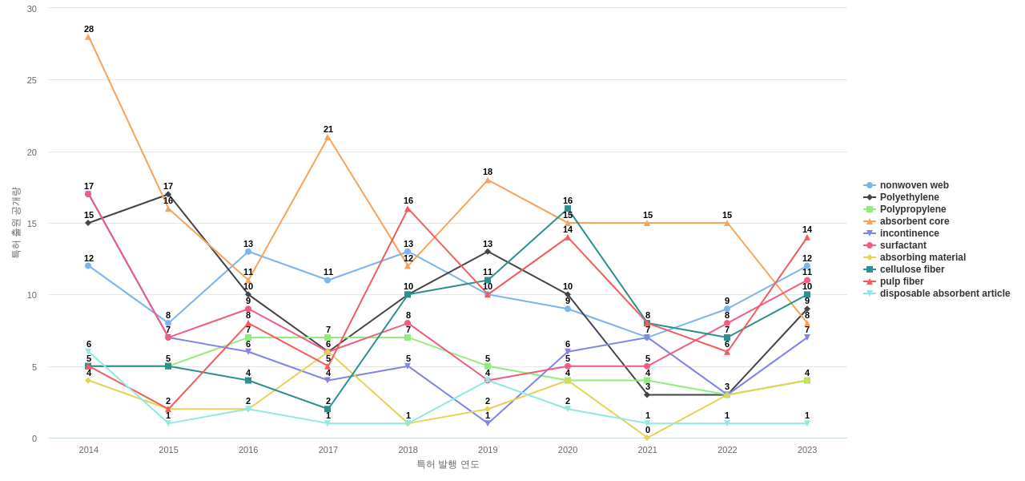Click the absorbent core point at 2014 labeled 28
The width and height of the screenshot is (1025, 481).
pyautogui.click(x=88, y=37)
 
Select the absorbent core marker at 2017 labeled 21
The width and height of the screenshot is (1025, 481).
pyautogui.click(x=328, y=137)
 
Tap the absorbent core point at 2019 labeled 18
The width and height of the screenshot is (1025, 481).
pyautogui.click(x=488, y=180)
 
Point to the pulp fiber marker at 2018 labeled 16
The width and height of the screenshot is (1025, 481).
pyautogui.click(x=408, y=209)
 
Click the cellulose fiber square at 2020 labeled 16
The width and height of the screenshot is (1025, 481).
pyautogui.click(x=568, y=208)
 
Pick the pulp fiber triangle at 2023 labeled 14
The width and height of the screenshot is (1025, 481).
pyautogui.click(x=807, y=237)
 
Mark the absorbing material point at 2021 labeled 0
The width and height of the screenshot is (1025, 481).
pyautogui.click(x=647, y=438)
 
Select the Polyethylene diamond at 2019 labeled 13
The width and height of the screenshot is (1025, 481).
pyautogui.click(x=488, y=252)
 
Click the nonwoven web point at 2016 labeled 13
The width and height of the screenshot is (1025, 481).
pyautogui.click(x=248, y=252)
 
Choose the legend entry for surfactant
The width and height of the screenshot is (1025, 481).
pyautogui.click(x=902, y=245)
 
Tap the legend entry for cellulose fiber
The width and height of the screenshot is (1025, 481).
pyautogui.click(x=911, y=269)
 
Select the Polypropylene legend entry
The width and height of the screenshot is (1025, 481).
pyautogui.click(x=912, y=209)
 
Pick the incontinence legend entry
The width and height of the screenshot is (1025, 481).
pyautogui.click(x=909, y=233)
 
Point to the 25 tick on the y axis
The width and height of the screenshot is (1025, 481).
pyautogui.click(x=32, y=80)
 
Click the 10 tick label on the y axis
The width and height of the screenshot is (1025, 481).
pyautogui.click(x=32, y=295)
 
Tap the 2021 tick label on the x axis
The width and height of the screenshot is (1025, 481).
pyautogui.click(x=647, y=450)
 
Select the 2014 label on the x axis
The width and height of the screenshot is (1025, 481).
pyautogui.click(x=88, y=450)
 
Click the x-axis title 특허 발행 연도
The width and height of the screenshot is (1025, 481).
pyautogui.click(x=448, y=464)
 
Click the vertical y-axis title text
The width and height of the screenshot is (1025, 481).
pyautogui.click(x=15, y=223)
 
